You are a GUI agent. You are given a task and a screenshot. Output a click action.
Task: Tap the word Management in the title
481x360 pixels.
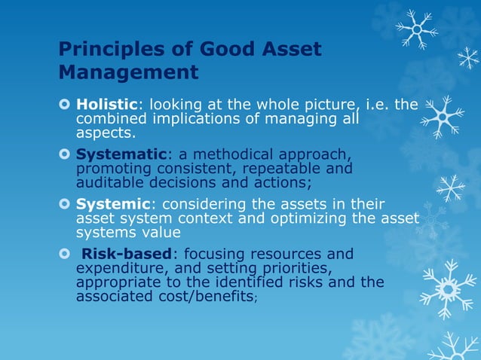tap(129, 73)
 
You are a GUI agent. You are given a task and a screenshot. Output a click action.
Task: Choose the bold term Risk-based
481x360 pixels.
tap(127, 254)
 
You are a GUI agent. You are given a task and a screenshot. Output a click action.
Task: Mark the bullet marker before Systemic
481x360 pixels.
tap(65, 205)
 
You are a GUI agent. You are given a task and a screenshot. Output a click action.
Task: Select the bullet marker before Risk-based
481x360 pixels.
tap(65, 255)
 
